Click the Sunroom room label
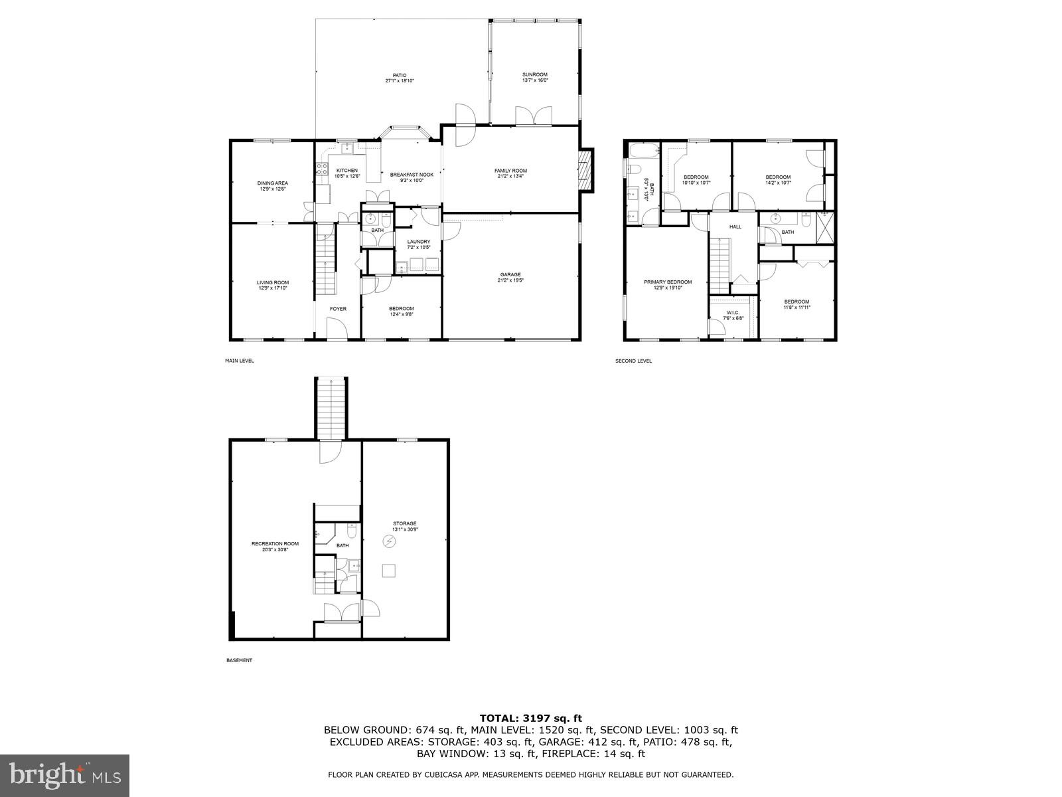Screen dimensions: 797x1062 (x=535, y=74)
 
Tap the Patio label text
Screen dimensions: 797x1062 (x=399, y=75)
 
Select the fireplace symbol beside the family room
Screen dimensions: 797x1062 (x=585, y=170)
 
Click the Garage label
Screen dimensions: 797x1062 (x=510, y=274)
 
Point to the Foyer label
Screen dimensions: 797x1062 (x=338, y=308)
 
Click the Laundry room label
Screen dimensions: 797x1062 (x=418, y=242)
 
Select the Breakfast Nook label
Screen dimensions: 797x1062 (x=412, y=175)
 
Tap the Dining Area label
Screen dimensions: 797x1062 (x=272, y=183)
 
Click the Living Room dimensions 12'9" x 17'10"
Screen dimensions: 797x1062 (x=273, y=288)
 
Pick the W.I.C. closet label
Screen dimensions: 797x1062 (x=733, y=312)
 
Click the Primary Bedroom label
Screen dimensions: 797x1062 (x=668, y=282)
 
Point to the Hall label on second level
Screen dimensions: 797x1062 (x=735, y=226)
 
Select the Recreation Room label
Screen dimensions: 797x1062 (x=275, y=543)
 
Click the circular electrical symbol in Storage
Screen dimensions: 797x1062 (x=389, y=542)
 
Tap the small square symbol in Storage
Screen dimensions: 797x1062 (x=389, y=571)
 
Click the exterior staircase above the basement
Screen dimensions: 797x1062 (x=331, y=408)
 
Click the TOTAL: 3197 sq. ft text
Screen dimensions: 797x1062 (x=530, y=718)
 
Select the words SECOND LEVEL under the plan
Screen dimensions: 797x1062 (x=634, y=361)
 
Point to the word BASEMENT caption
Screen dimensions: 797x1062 (x=240, y=660)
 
